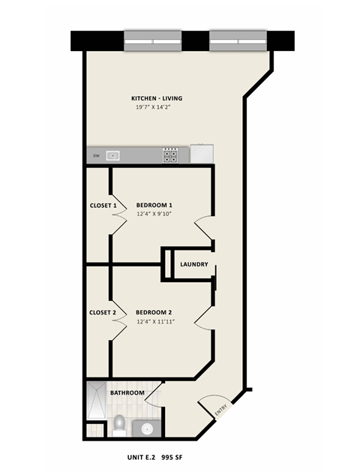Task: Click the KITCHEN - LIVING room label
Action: pos(157,98)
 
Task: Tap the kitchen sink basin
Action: pos(113,156)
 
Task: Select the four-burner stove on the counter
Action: pos(171,155)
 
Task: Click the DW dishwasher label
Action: pos(96,156)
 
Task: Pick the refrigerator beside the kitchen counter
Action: pos(202,154)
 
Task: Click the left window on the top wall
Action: pos(152,41)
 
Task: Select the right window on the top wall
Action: pos(238,41)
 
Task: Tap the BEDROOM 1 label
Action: pos(154,205)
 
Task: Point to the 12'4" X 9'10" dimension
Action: pos(154,214)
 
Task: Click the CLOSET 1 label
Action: pos(103,205)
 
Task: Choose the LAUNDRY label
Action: pos(194,264)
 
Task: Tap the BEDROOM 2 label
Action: pos(154,313)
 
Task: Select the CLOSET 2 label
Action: pos(103,313)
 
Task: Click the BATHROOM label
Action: pos(127,392)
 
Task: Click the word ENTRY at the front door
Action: pos(220,410)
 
